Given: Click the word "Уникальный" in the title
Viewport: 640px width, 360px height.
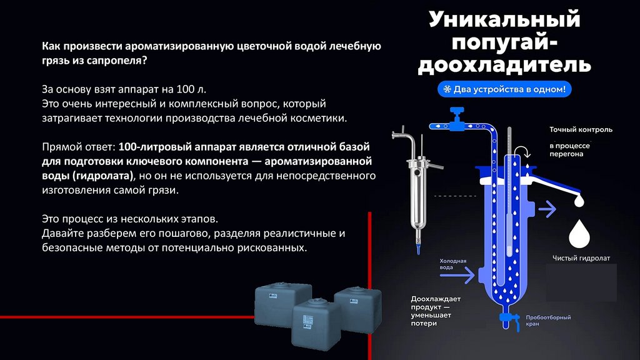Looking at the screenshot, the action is click(x=504, y=19).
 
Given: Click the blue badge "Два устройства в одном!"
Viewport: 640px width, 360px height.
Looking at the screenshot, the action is click(x=504, y=89).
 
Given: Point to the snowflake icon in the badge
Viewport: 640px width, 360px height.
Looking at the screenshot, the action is click(x=447, y=89).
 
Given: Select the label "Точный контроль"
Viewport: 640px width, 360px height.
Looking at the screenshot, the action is click(x=581, y=130).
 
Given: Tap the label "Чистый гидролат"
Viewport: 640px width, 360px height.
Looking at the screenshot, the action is click(x=581, y=257).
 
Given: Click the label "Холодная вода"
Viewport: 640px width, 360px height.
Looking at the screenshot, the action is click(x=453, y=264).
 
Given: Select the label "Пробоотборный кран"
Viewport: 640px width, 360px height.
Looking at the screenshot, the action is click(x=549, y=321).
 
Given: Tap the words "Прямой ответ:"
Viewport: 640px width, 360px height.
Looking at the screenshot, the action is click(x=78, y=146).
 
